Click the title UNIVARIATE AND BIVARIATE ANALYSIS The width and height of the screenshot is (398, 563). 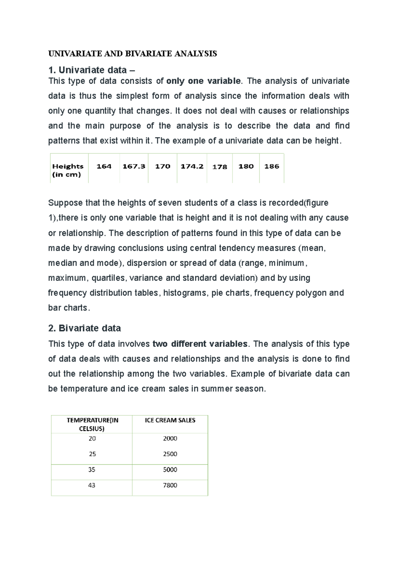pyautogui.click(x=132, y=54)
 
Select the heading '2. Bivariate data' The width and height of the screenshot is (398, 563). pyautogui.click(x=84, y=328)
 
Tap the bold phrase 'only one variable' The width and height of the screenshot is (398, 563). pyautogui.click(x=203, y=81)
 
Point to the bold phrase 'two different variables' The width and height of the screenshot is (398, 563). pyautogui.click(x=200, y=344)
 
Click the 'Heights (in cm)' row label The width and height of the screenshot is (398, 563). pyautogui.click(x=68, y=170)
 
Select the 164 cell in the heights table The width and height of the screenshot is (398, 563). pyautogui.click(x=104, y=166)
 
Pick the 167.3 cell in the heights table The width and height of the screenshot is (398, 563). pyautogui.click(x=134, y=166)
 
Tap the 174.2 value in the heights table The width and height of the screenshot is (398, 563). pyautogui.click(x=192, y=166)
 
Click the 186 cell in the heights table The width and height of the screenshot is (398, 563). pyautogui.click(x=272, y=166)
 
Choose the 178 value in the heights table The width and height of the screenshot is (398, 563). pyautogui.click(x=220, y=167)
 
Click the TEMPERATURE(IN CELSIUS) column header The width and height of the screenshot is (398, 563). pyautogui.click(x=92, y=424)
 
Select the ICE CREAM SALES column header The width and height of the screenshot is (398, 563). pyautogui.click(x=170, y=420)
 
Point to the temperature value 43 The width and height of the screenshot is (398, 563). pyautogui.click(x=92, y=485)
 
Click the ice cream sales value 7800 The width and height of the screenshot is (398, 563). pyautogui.click(x=170, y=485)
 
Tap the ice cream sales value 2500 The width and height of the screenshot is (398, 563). pyautogui.click(x=170, y=454)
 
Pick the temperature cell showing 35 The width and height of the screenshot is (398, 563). pyautogui.click(x=92, y=469)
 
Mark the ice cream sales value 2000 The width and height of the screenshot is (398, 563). pyautogui.click(x=170, y=438)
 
